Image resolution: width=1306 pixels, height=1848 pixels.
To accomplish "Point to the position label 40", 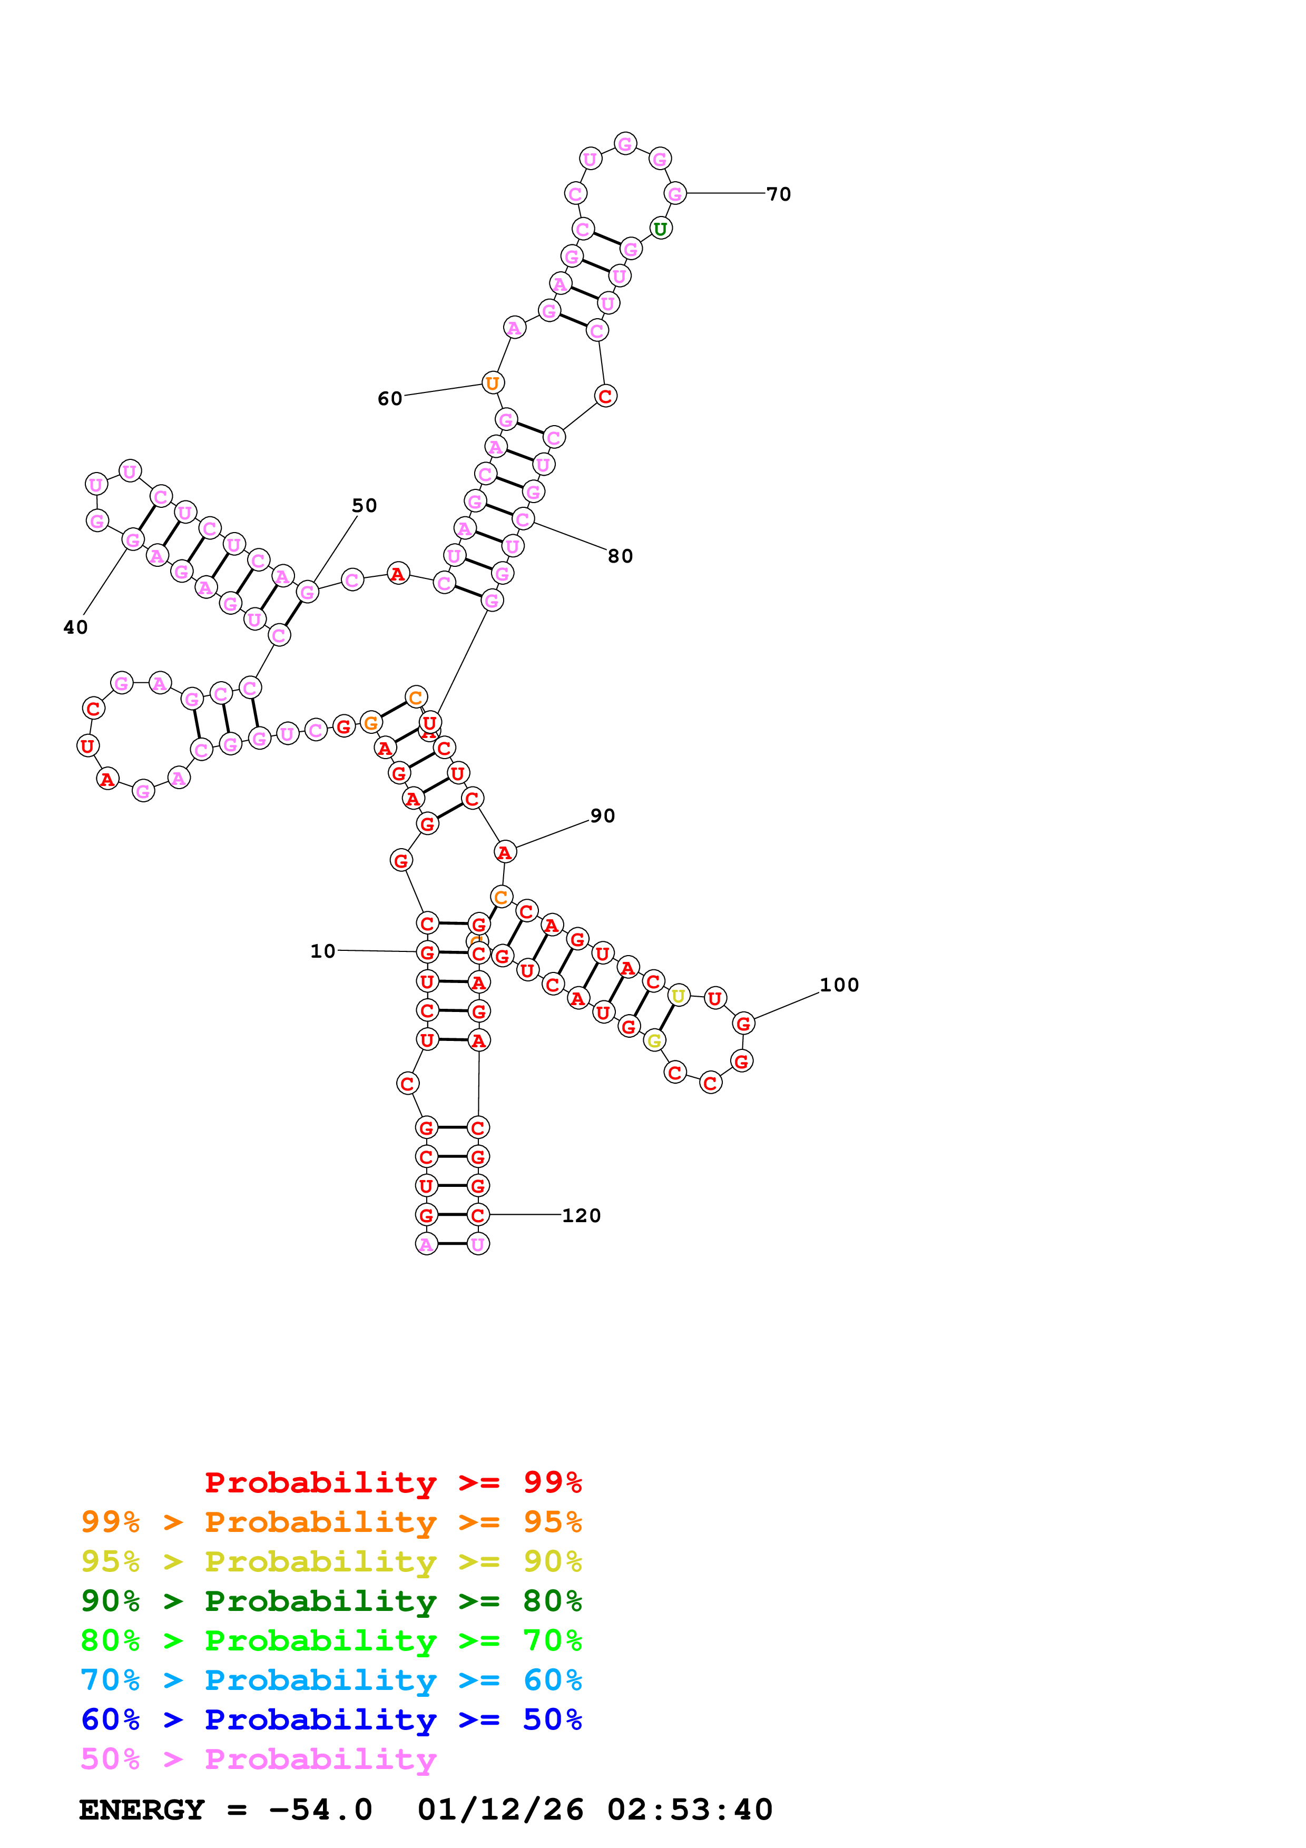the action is [76, 627].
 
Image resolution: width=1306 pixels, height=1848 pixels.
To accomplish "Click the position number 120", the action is [581, 1215].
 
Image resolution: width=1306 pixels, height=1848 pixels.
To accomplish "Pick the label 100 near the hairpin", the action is [839, 985].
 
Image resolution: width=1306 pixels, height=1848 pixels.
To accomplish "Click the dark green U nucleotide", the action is [660, 229].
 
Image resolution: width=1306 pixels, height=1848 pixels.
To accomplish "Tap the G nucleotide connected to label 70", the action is [674, 193].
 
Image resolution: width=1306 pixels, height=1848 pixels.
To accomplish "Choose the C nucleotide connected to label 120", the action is [478, 1215].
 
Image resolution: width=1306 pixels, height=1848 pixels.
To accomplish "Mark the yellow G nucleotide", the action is [654, 1041].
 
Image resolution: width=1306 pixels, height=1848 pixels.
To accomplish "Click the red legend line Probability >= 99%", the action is [392, 1482].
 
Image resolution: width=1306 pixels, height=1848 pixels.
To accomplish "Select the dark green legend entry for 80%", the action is [331, 1601].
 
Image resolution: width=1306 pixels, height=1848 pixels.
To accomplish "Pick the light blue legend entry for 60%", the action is [331, 1680].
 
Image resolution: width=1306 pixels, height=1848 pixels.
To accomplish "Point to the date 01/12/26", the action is [500, 1810].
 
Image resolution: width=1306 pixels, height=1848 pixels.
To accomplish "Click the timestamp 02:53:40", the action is [690, 1810].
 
